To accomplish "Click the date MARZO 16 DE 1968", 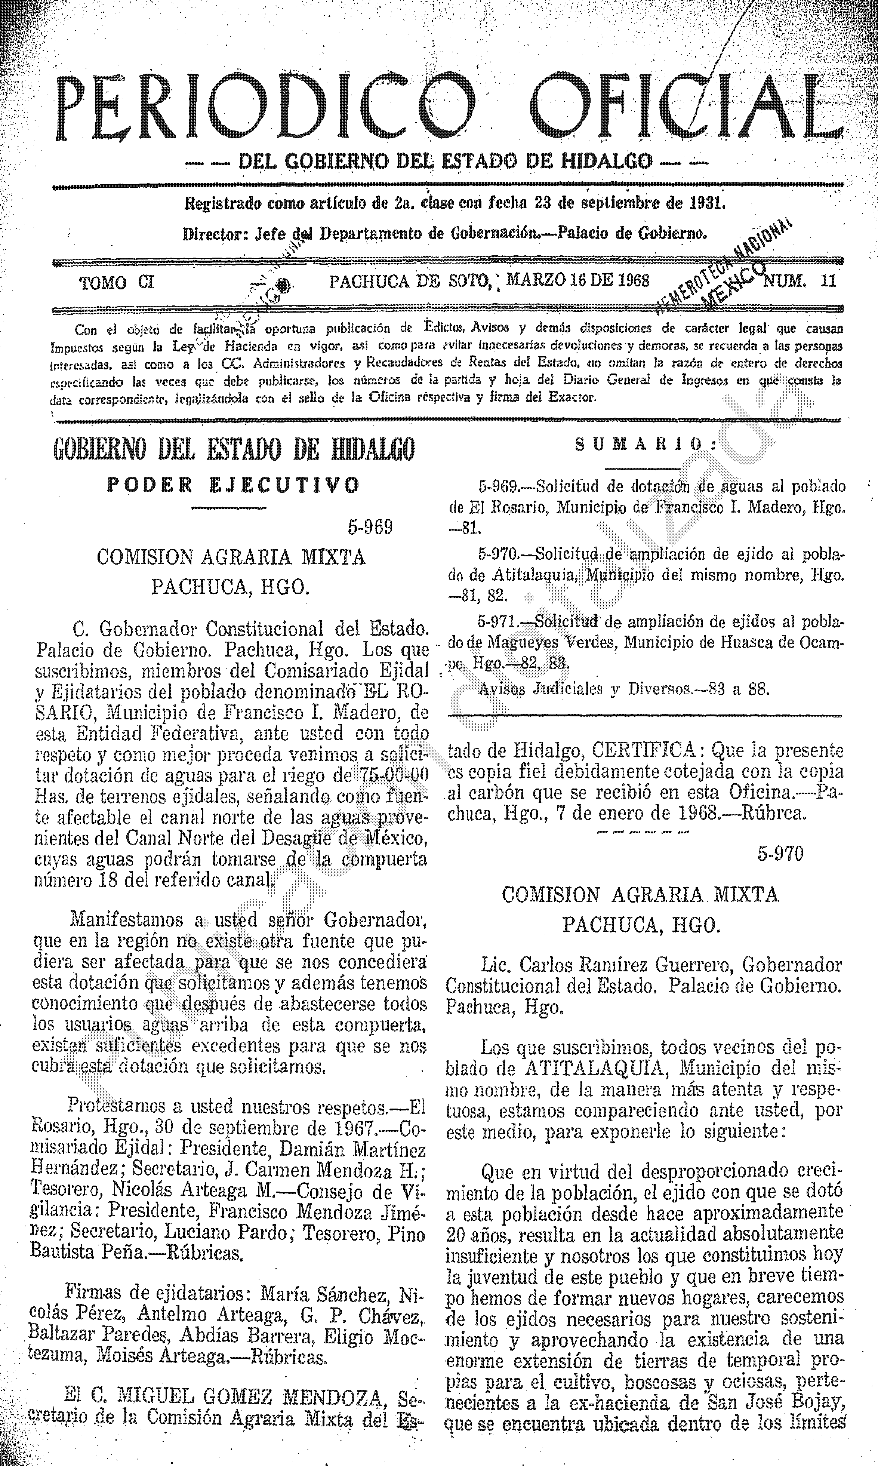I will point(578,280).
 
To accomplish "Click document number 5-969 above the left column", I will point(370,527).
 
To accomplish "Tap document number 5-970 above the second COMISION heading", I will point(780,854).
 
